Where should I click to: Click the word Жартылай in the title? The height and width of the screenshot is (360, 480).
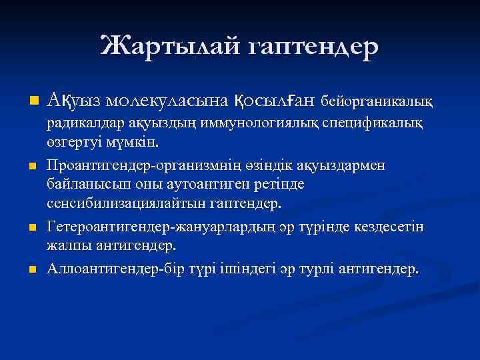pyautogui.click(x=168, y=46)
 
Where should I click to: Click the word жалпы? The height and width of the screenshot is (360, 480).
pyautogui.click(x=66, y=246)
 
